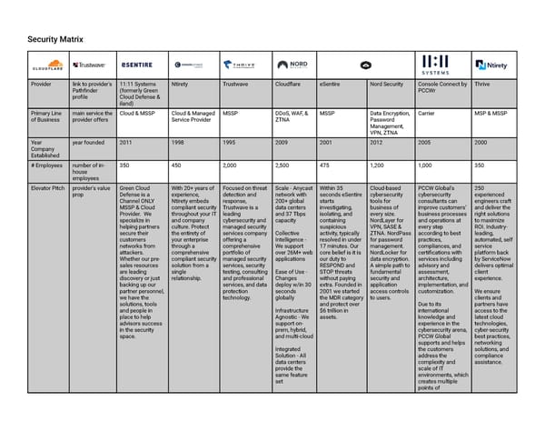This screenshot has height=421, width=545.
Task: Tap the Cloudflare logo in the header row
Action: pos(47,65)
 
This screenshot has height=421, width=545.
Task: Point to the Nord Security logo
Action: pos(294,65)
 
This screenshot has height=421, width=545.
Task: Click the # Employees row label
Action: pos(45,165)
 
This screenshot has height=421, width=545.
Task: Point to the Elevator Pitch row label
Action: pos(47,187)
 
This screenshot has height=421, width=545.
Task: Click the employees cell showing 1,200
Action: pos(380,165)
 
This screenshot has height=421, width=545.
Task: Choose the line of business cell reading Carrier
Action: pos(427,114)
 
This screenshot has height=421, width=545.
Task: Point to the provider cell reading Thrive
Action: pos(484,84)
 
